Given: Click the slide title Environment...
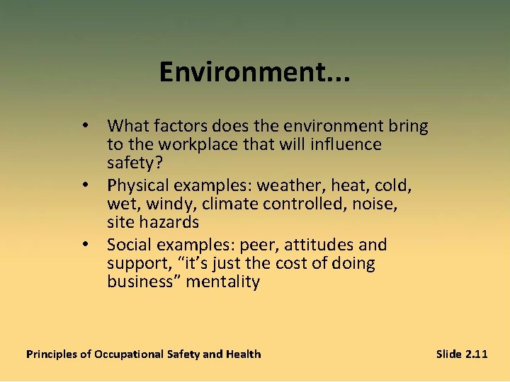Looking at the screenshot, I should (254, 71).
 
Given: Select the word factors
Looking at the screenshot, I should (178, 127).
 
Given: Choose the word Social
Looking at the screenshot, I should (128, 245).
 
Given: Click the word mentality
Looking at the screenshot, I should (222, 282).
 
